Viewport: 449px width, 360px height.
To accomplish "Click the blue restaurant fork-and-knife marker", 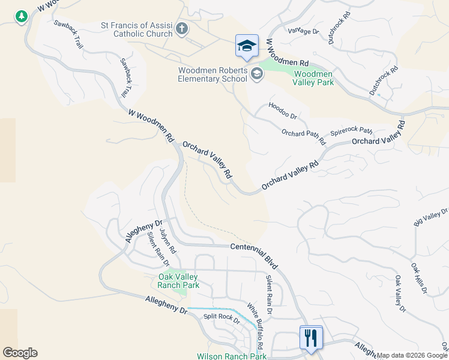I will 311,337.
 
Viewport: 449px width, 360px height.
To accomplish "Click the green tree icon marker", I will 22,16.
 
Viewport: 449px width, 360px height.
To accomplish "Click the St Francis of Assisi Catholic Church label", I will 137,29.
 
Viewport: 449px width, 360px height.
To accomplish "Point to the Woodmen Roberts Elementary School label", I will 212,74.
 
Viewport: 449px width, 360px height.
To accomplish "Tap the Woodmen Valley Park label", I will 313,78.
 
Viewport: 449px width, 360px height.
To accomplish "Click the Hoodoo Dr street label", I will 283,110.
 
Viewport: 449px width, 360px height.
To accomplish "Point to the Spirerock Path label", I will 351,133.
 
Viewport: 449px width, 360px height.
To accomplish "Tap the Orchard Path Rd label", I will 303,137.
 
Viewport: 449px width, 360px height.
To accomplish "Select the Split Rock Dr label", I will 221,319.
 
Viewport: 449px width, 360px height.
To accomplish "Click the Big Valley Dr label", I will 431,217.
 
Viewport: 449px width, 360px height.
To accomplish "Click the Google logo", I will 20,353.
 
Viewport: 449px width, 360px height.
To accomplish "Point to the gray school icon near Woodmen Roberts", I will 257,74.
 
